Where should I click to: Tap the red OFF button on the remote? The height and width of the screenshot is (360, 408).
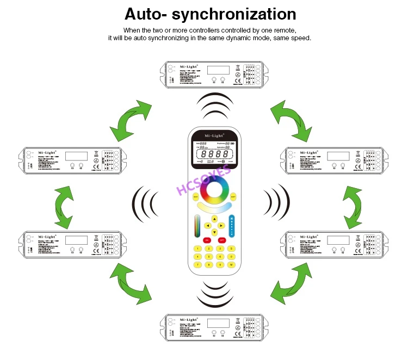221,239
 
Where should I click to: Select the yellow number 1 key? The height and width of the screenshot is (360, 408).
196,249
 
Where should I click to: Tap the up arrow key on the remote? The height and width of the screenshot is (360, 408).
214,219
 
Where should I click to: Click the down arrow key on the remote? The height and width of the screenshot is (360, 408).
214,233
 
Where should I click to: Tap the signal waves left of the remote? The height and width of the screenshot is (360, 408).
143,204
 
